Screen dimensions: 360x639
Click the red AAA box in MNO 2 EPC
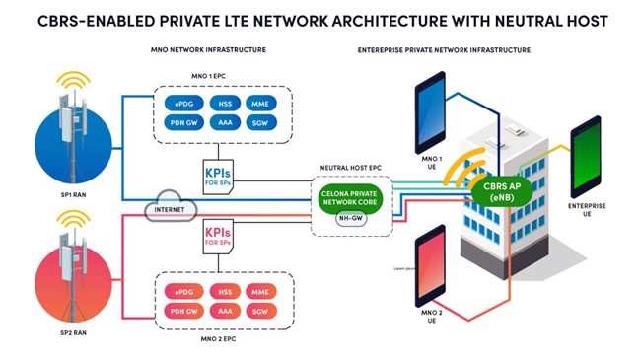pyautogui.click(x=222, y=309)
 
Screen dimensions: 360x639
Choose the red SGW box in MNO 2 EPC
pyautogui.click(x=260, y=309)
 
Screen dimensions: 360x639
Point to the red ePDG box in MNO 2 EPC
pyautogui.click(x=182, y=291)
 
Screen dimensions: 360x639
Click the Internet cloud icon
pyautogui.click(x=171, y=208)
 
